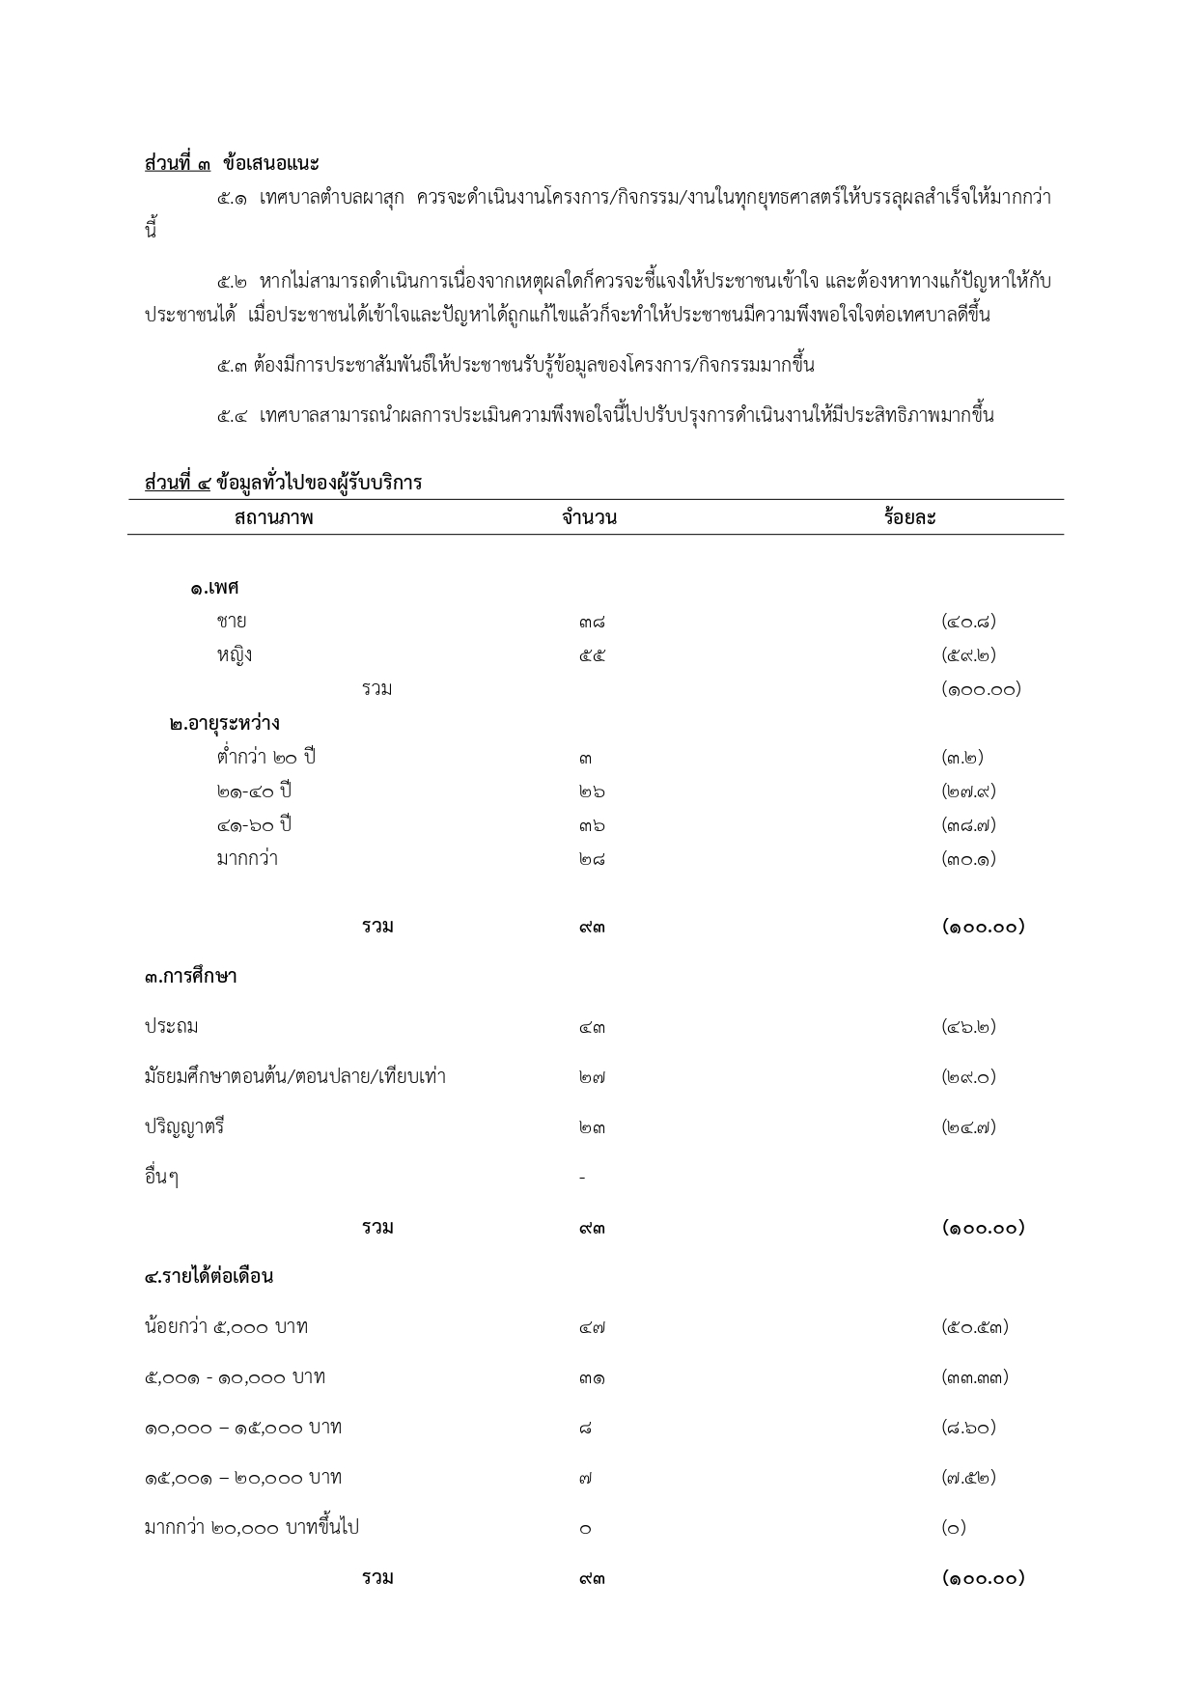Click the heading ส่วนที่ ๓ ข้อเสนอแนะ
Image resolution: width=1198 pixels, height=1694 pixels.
coord(232,162)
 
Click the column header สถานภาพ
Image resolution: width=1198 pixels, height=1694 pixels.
coord(274,518)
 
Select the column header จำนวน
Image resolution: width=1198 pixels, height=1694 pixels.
coord(589,518)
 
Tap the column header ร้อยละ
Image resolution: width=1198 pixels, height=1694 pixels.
coord(909,518)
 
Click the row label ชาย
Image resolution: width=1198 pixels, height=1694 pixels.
coord(232,622)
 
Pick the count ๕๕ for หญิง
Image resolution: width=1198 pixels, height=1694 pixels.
coord(593,656)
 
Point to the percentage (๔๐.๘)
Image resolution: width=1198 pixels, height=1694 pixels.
coord(968,622)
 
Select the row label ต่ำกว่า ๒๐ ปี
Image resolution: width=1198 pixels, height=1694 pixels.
coord(266,758)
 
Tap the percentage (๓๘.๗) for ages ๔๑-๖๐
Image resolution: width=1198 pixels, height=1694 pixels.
coord(968,825)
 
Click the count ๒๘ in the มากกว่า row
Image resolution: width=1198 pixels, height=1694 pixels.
coord(593,860)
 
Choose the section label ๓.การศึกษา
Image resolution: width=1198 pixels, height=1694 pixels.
coord(191,977)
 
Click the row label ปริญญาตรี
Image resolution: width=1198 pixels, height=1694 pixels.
coord(184,1127)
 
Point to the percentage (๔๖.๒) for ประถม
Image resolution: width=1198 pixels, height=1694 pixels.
coord(968,1027)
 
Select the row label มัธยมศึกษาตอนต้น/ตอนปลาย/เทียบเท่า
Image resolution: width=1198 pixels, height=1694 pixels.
coord(295,1077)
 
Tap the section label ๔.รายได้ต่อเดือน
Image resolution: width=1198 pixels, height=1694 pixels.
coord(209,1277)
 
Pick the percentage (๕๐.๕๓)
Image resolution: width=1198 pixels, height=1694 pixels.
coord(974,1328)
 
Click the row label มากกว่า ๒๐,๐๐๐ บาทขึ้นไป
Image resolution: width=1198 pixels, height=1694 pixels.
coord(252,1528)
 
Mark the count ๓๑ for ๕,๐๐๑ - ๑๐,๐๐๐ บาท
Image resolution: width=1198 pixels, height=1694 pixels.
coord(593,1378)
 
